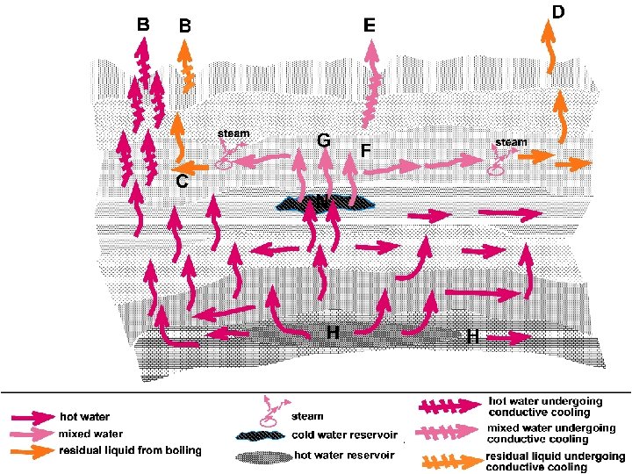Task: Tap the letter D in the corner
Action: point(557,11)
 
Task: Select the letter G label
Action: point(323,140)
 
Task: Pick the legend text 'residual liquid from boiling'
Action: point(130,450)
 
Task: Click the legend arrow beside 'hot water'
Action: point(32,416)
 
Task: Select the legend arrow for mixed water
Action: point(32,434)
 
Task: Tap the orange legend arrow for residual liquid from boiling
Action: point(32,450)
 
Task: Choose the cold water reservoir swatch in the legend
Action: point(263,435)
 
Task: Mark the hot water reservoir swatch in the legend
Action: point(263,456)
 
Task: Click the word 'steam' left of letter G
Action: point(233,133)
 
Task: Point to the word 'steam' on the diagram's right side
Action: point(512,141)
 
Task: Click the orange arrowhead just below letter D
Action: point(549,32)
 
